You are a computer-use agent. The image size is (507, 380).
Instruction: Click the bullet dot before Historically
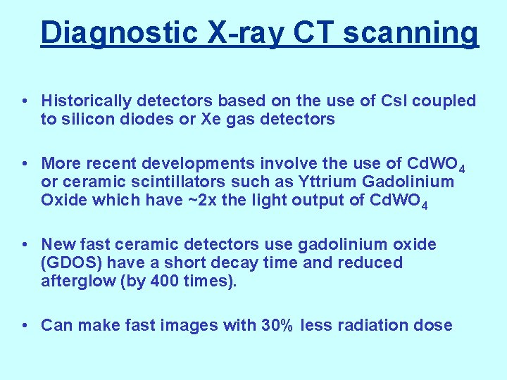click(25, 102)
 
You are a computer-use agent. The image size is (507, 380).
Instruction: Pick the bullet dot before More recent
click(25, 164)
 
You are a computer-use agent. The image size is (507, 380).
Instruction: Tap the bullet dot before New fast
click(25, 245)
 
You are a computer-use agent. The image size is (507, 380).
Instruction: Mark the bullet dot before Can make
click(25, 325)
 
